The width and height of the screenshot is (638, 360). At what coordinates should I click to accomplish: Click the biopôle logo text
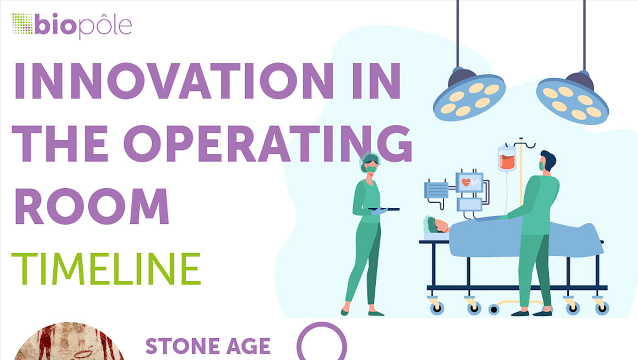pyautogui.click(x=83, y=26)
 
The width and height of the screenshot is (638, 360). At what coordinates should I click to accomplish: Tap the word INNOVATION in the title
pyautogui.click(x=174, y=81)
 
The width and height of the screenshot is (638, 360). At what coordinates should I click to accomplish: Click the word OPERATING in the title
pyautogui.click(x=268, y=143)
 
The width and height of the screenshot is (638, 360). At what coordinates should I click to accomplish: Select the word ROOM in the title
pyautogui.click(x=91, y=206)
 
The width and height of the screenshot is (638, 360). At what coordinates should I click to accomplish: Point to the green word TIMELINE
pyautogui.click(x=106, y=269)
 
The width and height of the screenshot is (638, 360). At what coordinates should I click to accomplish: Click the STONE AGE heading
pyautogui.click(x=208, y=346)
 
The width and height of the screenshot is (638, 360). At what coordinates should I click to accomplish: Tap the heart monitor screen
pyautogui.click(x=469, y=182)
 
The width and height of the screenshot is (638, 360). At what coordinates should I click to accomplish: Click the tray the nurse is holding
pyautogui.click(x=383, y=210)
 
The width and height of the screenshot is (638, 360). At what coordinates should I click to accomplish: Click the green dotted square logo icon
pyautogui.click(x=22, y=23)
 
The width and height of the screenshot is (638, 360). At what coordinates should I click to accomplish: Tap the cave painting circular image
pyautogui.click(x=69, y=342)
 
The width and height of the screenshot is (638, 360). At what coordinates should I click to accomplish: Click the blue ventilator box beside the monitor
pyautogui.click(x=436, y=190)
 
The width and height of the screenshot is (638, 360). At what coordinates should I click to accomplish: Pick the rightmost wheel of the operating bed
pyautogui.click(x=602, y=308)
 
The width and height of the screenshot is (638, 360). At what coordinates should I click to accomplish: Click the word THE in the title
pyautogui.click(x=60, y=144)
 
